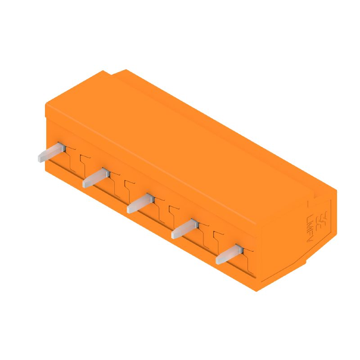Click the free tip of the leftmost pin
(x=40, y=157)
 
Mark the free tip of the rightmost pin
(x=219, y=260)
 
